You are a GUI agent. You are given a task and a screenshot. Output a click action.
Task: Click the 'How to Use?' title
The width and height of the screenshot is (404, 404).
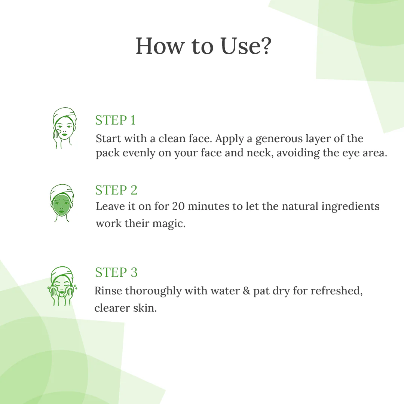point(203,46)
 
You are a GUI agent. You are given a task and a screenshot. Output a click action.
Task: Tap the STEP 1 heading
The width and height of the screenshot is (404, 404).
point(115,120)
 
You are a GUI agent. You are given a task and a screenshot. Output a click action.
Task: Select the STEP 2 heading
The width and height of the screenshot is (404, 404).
point(116,190)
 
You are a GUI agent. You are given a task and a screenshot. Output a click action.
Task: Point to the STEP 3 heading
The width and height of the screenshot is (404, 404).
point(116,272)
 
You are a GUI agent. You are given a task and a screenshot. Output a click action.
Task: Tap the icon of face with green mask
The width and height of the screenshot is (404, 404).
point(62,202)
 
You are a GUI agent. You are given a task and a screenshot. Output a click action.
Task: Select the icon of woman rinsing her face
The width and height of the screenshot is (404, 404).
point(62,286)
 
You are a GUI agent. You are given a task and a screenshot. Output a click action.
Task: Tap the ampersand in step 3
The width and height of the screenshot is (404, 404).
point(246,291)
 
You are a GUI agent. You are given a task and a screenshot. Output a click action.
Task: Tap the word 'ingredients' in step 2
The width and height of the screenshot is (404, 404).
point(350,206)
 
